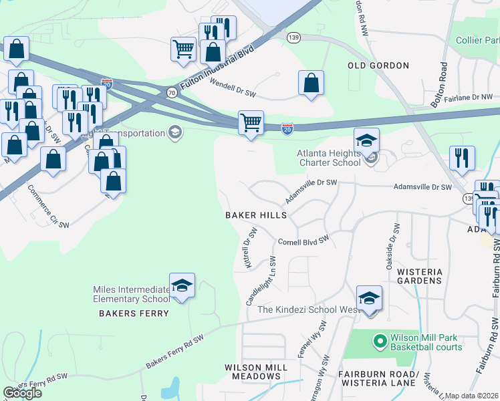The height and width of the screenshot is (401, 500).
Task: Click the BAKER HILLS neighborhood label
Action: tap(256, 216)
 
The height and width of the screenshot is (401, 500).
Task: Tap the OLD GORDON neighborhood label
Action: tap(378, 65)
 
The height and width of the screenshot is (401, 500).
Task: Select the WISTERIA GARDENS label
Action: tap(420, 276)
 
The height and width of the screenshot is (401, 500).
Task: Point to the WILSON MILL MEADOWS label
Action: tap(257, 372)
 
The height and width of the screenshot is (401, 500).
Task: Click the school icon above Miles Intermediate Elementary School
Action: tap(182, 286)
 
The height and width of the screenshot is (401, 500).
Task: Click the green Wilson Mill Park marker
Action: tap(380, 342)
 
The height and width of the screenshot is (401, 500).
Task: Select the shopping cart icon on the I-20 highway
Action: tap(251, 124)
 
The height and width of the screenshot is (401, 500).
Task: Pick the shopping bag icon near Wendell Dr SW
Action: tap(311, 84)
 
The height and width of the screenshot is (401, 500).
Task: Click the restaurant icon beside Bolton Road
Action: tap(462, 159)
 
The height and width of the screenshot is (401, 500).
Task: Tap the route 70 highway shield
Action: tap(172, 93)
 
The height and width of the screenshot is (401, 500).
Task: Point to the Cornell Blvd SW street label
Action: tap(304, 241)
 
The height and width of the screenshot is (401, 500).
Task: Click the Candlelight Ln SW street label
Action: tap(261, 280)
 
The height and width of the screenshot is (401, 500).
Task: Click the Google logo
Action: tap(22, 392)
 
